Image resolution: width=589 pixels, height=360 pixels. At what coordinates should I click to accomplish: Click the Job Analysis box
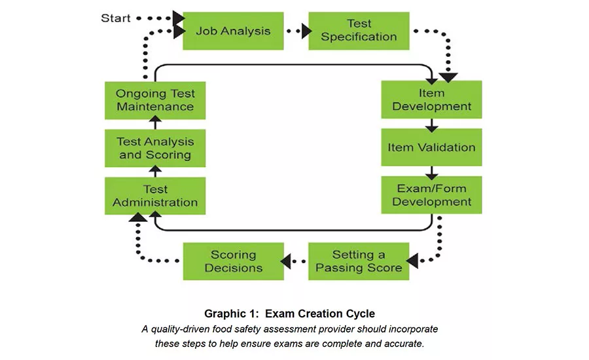point(233,31)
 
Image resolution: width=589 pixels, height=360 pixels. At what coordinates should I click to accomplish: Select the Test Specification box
point(359,31)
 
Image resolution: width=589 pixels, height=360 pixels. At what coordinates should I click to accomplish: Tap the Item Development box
point(431,99)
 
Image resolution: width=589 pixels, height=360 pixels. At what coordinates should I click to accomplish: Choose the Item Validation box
point(431,147)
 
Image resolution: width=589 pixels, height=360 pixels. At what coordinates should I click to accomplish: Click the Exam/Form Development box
point(431,195)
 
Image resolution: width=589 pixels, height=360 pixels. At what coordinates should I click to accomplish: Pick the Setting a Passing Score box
point(359,261)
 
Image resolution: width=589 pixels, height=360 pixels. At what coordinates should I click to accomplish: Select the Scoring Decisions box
point(233,261)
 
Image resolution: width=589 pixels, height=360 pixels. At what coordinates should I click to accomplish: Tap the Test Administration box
point(155,196)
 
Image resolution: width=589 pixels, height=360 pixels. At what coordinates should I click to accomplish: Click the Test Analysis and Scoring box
point(155,148)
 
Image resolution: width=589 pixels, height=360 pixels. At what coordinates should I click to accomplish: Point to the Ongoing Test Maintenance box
point(155,99)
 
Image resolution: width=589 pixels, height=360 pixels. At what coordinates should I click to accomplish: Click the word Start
point(115,18)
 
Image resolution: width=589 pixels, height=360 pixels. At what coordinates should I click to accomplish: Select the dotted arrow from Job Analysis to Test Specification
point(296,31)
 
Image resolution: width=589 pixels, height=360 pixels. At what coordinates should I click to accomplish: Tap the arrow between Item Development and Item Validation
point(431,124)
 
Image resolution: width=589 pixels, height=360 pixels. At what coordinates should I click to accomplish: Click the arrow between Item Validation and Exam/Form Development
point(431,171)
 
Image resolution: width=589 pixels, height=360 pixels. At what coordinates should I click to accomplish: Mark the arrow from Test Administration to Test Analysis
point(155,172)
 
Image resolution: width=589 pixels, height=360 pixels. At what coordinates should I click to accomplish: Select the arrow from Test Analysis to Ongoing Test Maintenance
point(155,124)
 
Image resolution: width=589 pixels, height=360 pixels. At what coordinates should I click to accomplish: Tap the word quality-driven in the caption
point(179,329)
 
